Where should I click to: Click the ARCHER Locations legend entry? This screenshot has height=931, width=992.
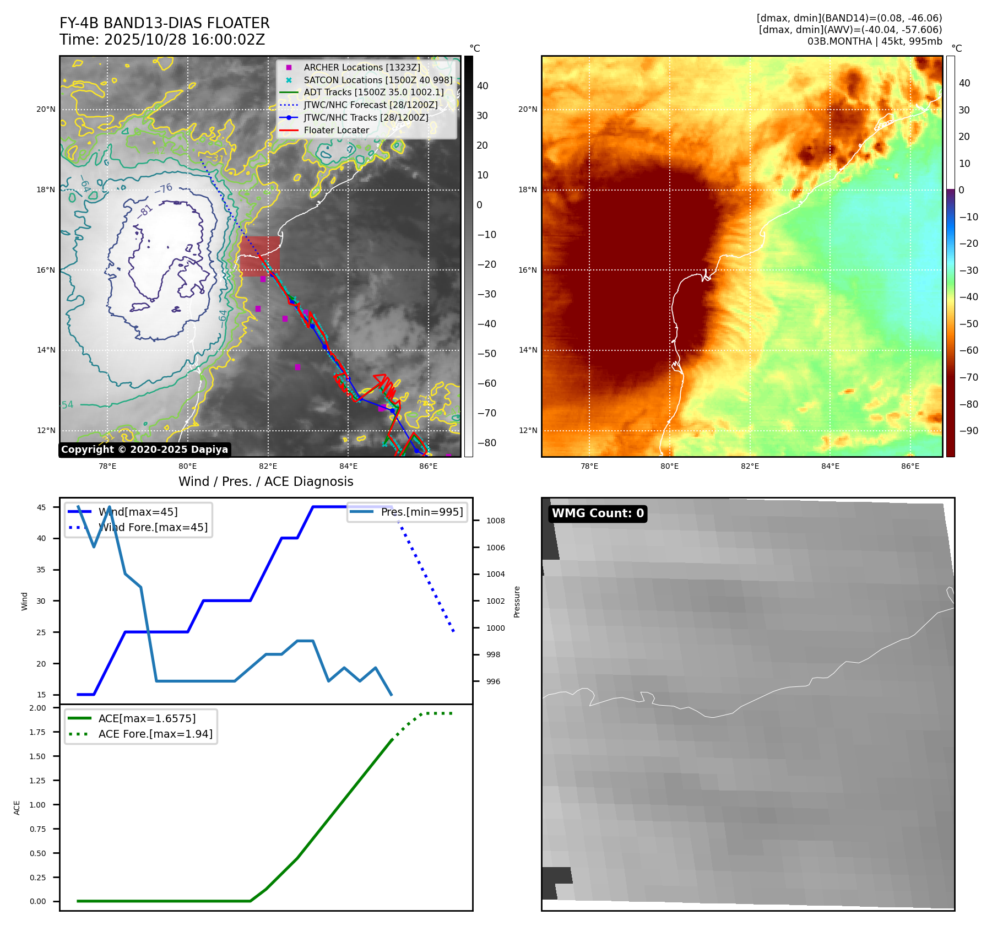coord(361,67)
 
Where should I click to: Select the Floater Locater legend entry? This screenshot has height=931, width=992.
coord(336,131)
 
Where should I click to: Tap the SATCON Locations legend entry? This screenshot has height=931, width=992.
coord(378,80)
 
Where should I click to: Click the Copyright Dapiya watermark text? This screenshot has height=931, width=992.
coord(144,450)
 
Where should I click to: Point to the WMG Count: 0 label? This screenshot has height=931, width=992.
coord(598,513)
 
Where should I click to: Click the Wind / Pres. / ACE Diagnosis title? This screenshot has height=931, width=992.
coord(265,481)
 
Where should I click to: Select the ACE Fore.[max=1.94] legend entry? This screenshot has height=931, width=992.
coord(155,734)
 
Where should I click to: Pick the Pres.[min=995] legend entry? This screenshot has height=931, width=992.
coord(421,512)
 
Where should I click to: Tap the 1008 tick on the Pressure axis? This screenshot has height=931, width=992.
coord(495,521)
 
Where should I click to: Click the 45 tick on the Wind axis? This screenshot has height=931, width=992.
coord(41,507)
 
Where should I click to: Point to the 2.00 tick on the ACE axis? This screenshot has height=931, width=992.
coord(38,708)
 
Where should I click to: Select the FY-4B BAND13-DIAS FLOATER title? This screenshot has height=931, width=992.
coord(164,23)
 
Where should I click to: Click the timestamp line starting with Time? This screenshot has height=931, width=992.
coord(162,40)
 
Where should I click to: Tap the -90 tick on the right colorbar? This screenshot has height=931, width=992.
coord(968,431)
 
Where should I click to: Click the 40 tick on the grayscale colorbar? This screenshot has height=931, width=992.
coord(483,86)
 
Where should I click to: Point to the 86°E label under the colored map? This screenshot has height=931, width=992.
coord(910,466)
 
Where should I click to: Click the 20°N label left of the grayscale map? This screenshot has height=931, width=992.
coord(46,109)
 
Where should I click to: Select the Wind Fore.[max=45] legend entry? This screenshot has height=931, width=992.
coord(153,527)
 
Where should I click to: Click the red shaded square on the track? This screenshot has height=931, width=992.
coord(259,256)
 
